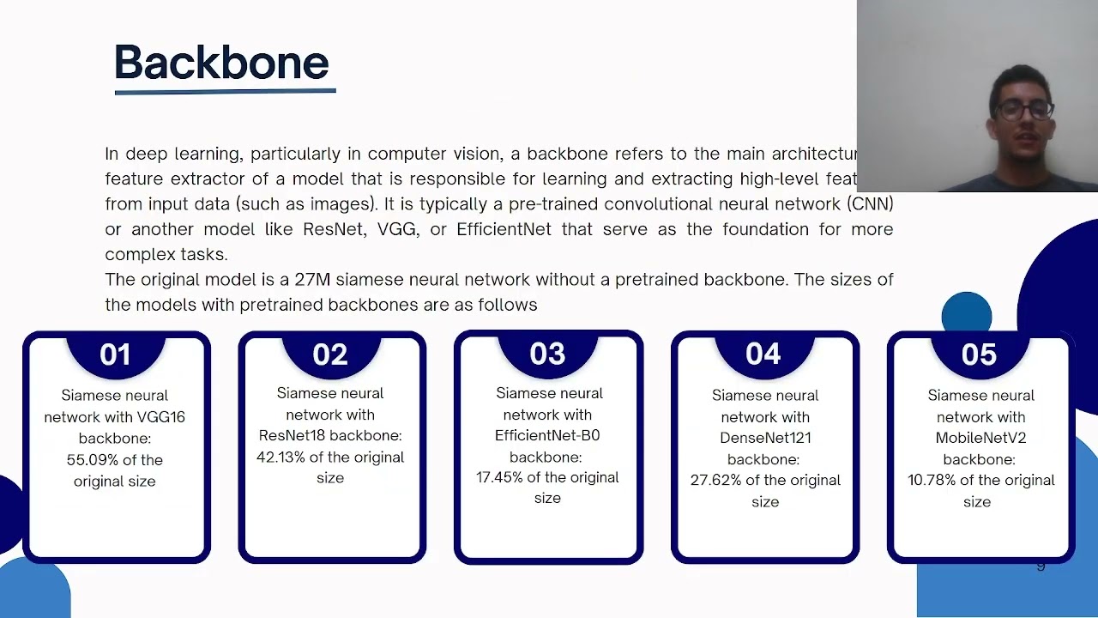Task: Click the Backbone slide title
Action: (221, 63)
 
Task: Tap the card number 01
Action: (115, 354)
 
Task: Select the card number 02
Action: (330, 354)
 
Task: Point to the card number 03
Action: (547, 354)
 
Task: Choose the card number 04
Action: (763, 354)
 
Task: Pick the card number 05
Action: (979, 354)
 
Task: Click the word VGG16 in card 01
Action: (160, 417)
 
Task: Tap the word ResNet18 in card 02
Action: (293, 435)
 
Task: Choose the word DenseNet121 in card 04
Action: (765, 438)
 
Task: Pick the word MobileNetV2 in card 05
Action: (980, 438)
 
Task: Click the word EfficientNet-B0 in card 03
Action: (547, 435)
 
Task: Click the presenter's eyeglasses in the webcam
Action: (1023, 111)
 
